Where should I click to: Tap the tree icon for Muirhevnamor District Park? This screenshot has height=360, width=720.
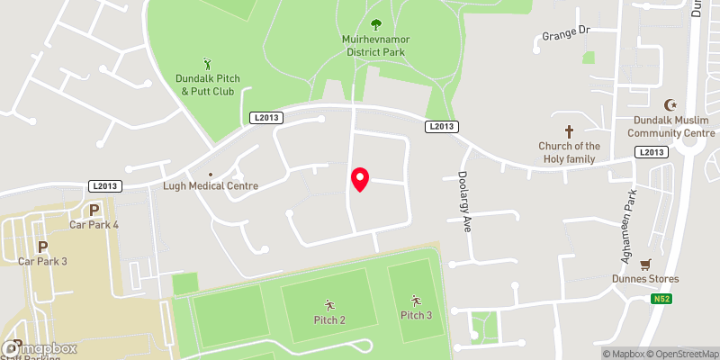click(x=376, y=24)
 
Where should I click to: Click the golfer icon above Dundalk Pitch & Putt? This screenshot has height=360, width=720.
click(x=208, y=64)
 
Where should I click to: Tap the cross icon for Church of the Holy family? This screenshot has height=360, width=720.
click(x=569, y=131)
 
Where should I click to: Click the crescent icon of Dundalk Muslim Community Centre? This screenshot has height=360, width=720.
click(x=670, y=106)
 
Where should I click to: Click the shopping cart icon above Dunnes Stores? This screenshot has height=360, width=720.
click(x=645, y=265)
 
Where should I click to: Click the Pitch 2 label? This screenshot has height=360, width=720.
click(x=329, y=320)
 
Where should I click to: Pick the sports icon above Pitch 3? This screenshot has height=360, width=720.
click(x=416, y=300)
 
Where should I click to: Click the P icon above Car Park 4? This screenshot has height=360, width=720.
click(x=94, y=211)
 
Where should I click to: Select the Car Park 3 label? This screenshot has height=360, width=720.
click(x=43, y=262)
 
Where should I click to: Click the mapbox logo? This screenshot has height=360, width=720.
click(x=40, y=349)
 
